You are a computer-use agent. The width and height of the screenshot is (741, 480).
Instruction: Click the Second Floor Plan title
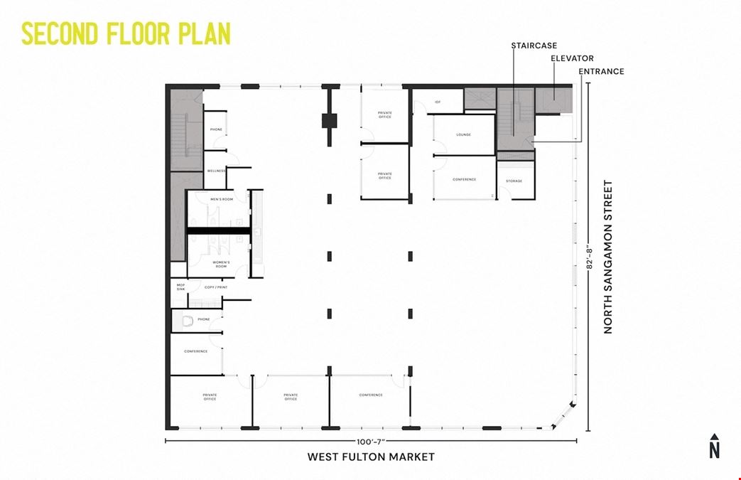[126, 33]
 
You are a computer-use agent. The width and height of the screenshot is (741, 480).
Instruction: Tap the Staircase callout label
[534, 46]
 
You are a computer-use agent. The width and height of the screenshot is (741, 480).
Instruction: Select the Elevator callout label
[572, 58]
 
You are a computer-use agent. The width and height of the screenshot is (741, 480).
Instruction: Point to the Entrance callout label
[601, 71]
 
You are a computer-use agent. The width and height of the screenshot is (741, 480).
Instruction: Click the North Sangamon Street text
[608, 257]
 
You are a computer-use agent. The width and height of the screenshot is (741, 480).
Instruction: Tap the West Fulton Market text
[370, 457]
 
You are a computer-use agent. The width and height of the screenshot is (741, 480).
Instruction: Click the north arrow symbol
[714, 446]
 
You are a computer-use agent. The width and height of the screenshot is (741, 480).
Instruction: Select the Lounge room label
[463, 134]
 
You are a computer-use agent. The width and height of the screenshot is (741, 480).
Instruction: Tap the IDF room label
[438, 102]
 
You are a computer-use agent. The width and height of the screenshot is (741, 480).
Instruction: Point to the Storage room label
[514, 181]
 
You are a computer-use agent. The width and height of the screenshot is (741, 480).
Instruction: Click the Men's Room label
[222, 199]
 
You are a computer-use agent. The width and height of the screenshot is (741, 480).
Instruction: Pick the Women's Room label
[222, 264]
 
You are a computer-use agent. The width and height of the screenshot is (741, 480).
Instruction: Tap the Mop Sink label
[180, 287]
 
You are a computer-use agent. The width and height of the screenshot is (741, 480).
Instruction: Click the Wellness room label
[216, 171]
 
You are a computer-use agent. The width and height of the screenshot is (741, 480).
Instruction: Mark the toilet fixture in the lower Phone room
[188, 321]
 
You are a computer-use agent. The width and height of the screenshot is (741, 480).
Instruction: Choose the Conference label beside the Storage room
[464, 179]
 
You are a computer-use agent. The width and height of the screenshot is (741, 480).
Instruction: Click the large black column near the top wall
[328, 120]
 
